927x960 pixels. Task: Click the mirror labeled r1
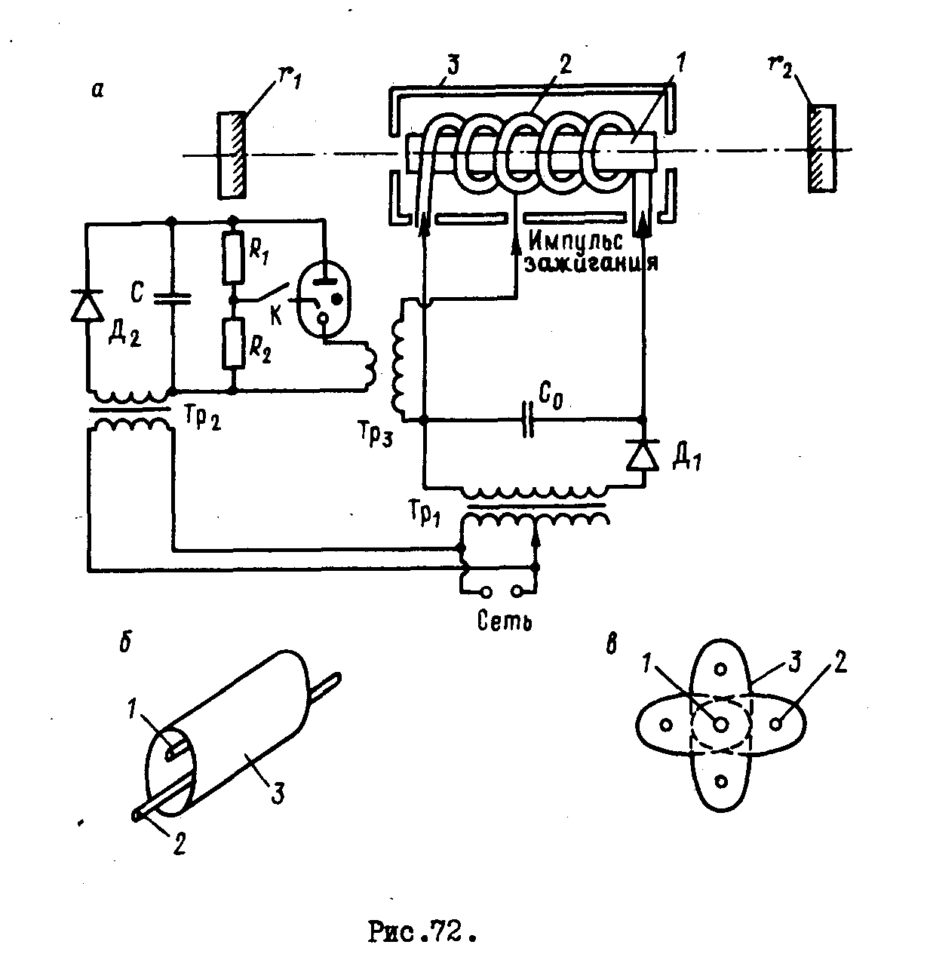(x=231, y=155)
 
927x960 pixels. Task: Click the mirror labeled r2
(x=819, y=149)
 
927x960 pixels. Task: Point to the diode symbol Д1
(x=643, y=455)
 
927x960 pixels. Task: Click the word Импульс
(x=576, y=242)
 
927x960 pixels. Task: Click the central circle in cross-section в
(x=720, y=724)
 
